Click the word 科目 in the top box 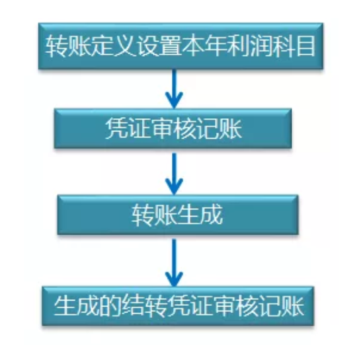pyautogui.click(x=293, y=46)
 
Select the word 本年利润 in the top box pyautogui.click(x=225, y=46)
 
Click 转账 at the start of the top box pyautogui.click(x=68, y=46)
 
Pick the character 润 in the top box pyautogui.click(x=259, y=46)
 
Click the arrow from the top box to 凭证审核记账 pyautogui.click(x=174, y=89)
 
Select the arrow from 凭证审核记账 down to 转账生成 pyautogui.click(x=174, y=174)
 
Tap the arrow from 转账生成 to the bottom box pyautogui.click(x=174, y=263)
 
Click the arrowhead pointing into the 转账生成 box pyautogui.click(x=174, y=187)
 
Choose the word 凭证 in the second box pyautogui.click(x=128, y=129)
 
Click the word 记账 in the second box pyautogui.click(x=220, y=129)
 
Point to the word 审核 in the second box pyautogui.click(x=174, y=129)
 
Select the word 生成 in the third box pyautogui.click(x=200, y=215)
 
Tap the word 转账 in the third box pyautogui.click(x=155, y=215)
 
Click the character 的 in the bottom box pyautogui.click(x=110, y=306)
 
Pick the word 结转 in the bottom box pyautogui.click(x=144, y=306)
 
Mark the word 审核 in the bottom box pyautogui.click(x=235, y=306)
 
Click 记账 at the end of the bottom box pyautogui.click(x=280, y=306)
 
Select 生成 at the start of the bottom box pyautogui.click(x=77, y=306)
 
